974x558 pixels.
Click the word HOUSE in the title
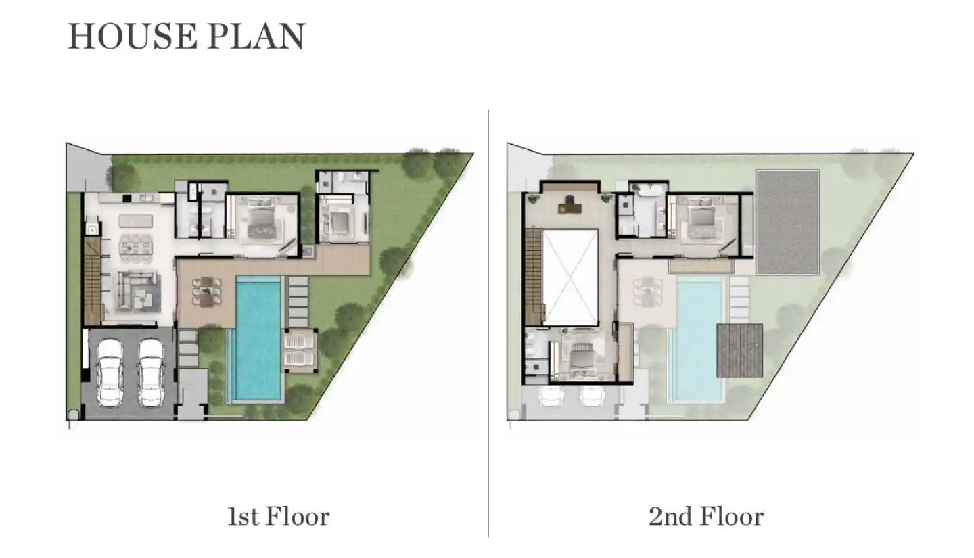[133, 36]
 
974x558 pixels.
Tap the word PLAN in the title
[256, 36]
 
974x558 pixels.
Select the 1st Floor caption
[278, 517]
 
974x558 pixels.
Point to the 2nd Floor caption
[706, 517]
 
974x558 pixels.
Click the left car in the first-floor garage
[109, 373]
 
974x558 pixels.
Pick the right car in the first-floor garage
[151, 373]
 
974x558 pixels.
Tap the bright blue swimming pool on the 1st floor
[258, 340]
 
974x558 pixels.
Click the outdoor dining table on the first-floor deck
[207, 292]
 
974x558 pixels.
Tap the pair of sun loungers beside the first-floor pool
[300, 350]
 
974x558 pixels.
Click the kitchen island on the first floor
[136, 220]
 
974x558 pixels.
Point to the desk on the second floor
[570, 205]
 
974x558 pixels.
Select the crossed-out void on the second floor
[570, 277]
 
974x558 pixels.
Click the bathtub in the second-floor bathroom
[650, 189]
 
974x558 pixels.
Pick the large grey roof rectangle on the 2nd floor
[787, 223]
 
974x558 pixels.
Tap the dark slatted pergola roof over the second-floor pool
[739, 350]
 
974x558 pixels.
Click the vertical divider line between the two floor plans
[488, 323]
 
